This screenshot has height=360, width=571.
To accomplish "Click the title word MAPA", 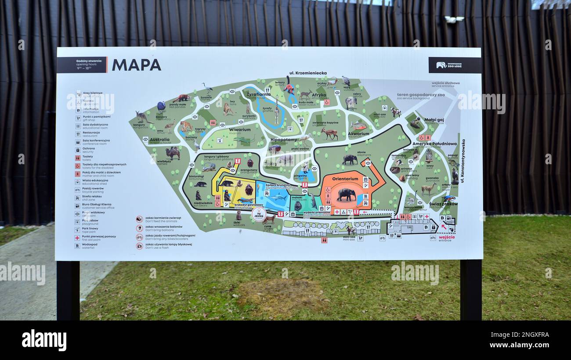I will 136,65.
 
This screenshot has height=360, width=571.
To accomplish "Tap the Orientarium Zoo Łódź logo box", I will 454,65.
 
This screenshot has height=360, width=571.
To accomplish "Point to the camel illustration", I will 173,152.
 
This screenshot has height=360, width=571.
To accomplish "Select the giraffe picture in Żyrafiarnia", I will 277,112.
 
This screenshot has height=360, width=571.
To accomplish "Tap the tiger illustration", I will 186,126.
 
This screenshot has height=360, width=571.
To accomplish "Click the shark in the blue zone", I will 277,198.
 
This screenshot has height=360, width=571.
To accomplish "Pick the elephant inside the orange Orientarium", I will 346,194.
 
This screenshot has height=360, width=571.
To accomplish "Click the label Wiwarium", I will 239,130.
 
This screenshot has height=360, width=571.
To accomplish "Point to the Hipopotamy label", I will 284,140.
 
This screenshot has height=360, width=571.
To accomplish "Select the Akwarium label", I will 358,133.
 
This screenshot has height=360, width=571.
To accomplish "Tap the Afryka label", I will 319,95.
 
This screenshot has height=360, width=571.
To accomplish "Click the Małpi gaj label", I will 434,119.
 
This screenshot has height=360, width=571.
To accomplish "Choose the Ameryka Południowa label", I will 434,144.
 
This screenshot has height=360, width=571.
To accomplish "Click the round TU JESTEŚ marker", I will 259,214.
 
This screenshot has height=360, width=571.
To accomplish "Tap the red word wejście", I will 447,237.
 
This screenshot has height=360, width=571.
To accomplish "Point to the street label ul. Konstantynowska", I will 463,161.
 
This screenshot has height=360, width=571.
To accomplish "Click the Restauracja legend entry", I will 91,133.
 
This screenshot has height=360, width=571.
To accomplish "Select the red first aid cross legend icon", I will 77,238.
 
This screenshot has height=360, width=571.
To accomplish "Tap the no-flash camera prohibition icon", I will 139,246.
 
